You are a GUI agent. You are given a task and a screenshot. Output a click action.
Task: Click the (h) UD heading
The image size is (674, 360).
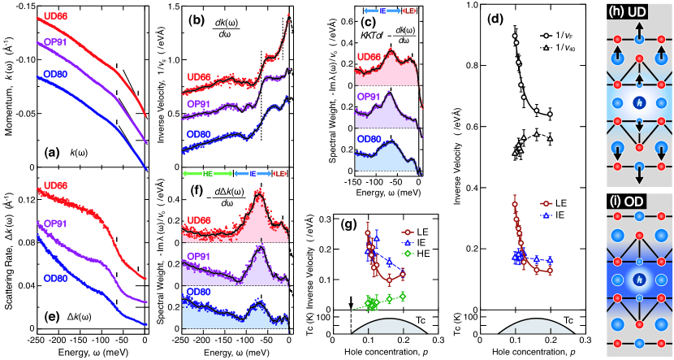tap(634, 9)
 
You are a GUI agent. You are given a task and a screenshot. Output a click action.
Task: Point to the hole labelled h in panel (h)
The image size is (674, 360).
tap(639, 103)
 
